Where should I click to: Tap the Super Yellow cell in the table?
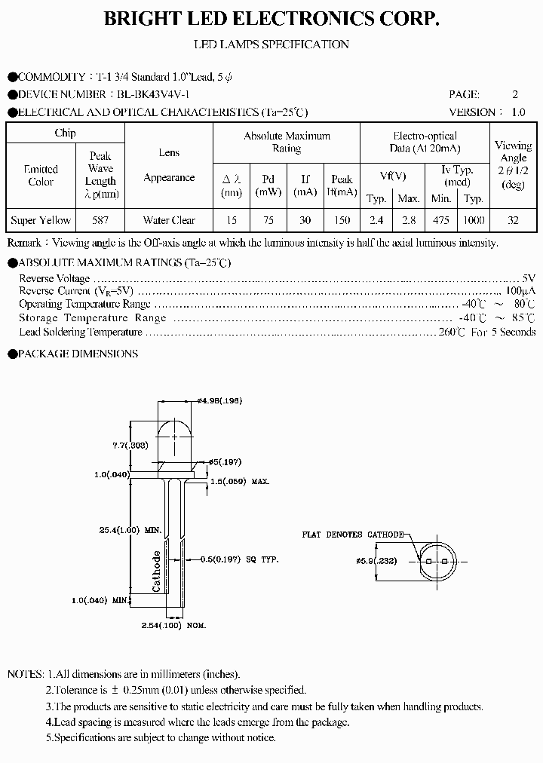[41, 220]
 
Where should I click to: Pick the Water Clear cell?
[169, 220]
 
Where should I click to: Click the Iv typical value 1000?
[474, 220]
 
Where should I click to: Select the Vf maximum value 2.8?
[409, 220]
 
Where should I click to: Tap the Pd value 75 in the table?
[268, 220]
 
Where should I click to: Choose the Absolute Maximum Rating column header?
[287, 142]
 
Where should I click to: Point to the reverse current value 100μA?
[520, 290]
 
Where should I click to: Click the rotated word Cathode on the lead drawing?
[157, 571]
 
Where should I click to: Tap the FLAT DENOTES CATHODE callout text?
[353, 534]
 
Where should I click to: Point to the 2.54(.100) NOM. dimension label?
[173, 626]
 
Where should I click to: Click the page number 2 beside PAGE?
[515, 95]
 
